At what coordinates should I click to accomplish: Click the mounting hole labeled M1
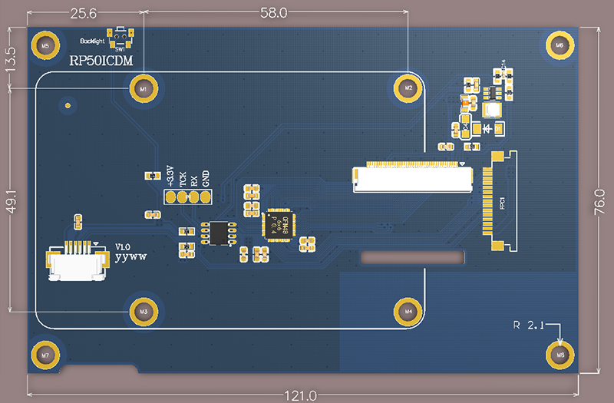(143, 89)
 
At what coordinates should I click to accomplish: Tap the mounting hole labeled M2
(408, 89)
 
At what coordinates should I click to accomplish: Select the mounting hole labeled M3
(143, 311)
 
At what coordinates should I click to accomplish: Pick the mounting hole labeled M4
(408, 311)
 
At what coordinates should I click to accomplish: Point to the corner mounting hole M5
(45, 45)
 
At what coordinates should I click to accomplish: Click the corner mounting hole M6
(560, 45)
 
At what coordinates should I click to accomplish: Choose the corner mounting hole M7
(45, 355)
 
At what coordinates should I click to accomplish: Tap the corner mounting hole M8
(560, 355)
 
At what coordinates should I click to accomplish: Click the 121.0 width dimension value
(301, 395)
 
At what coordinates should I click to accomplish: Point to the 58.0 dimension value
(274, 13)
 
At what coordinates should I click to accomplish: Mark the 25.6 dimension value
(84, 13)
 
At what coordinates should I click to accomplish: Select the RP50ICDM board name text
(101, 61)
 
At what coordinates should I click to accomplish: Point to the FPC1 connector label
(502, 203)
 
